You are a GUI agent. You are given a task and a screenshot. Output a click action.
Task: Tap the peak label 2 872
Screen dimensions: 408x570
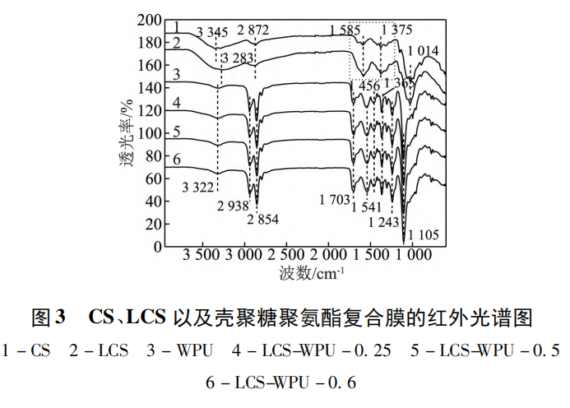pyautogui.click(x=253, y=31)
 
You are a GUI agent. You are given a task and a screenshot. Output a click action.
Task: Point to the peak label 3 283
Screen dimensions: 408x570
pyautogui.click(x=239, y=58)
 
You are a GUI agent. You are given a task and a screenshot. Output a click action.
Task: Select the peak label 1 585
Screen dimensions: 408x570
pyautogui.click(x=345, y=31)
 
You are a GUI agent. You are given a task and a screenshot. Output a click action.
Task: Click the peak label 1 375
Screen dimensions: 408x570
pyautogui.click(x=398, y=31)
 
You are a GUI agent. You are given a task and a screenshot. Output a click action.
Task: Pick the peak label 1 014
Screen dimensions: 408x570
pyautogui.click(x=423, y=52)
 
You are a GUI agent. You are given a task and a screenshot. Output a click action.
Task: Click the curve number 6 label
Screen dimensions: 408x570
pyautogui.click(x=174, y=159)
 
